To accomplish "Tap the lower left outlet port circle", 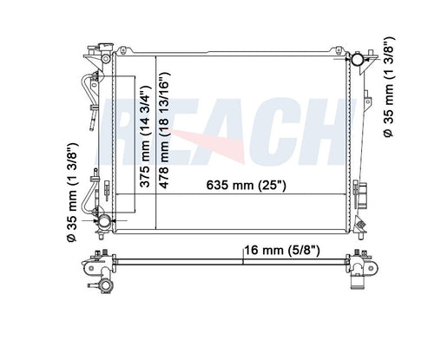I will (x=105, y=224).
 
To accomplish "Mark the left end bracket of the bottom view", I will (x=95, y=264).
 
